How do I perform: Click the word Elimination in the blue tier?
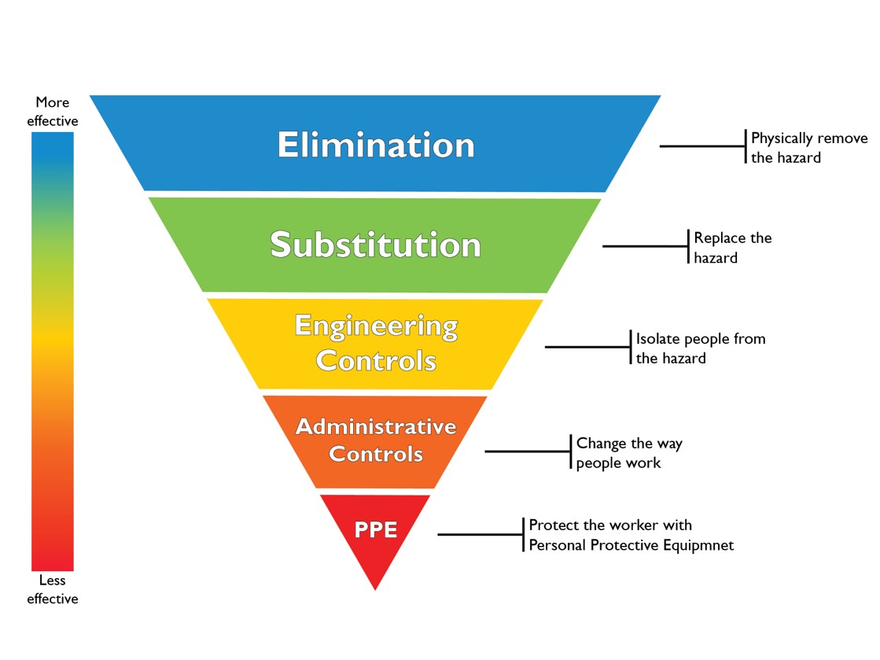click(375, 146)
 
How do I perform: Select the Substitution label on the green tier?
click(375, 245)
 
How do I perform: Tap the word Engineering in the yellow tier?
click(376, 326)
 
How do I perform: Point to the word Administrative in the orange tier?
click(375, 426)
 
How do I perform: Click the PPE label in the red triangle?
click(375, 529)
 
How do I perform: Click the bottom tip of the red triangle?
click(375, 588)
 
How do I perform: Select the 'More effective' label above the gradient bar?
click(53, 112)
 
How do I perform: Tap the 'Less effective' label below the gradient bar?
click(53, 589)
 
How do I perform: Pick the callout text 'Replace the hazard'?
click(732, 247)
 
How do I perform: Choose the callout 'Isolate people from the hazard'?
click(700, 348)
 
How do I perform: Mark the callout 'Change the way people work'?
click(628, 452)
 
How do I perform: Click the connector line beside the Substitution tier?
click(645, 246)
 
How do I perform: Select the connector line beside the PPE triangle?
click(480, 534)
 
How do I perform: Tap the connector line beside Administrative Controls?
click(527, 452)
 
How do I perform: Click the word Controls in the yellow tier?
click(376, 360)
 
